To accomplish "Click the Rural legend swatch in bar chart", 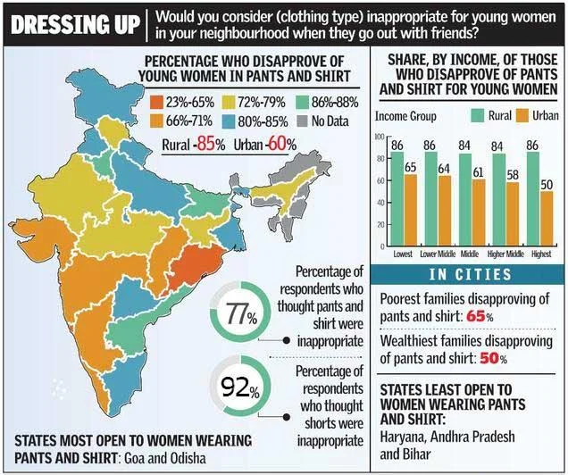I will pyautogui.click(x=468, y=116).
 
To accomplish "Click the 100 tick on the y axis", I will pyautogui.click(x=379, y=137).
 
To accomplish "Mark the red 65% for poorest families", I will pyautogui.click(x=479, y=316).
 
